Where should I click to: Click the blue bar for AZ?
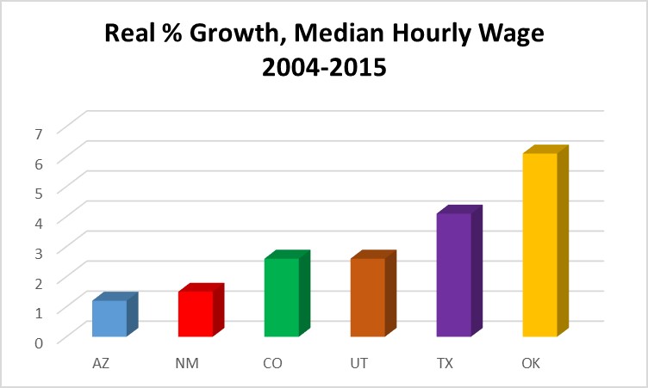109,318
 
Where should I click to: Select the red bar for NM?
196,314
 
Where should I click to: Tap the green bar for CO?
282,298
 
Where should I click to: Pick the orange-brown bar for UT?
368,298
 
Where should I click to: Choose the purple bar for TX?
454,275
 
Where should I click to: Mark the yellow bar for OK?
540,245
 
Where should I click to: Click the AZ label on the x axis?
101,364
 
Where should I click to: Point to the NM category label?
187,364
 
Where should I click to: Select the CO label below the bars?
273,364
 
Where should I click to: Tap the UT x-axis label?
359,364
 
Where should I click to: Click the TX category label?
445,364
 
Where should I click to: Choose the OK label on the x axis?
532,364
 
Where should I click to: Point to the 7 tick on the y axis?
38,132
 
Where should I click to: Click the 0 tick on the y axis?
38,342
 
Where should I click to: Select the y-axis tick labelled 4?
38,222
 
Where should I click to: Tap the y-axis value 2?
38,282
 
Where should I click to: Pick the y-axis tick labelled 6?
38,163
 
